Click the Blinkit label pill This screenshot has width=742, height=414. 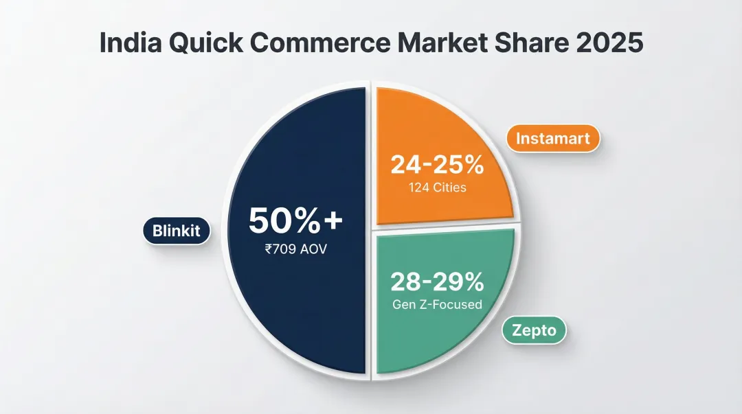[x=177, y=231]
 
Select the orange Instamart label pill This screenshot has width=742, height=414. [x=553, y=139]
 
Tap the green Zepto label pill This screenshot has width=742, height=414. [x=534, y=331]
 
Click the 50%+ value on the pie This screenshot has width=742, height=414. [x=295, y=221]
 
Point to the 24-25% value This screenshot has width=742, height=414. [x=437, y=165]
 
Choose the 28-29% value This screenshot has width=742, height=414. [x=437, y=281]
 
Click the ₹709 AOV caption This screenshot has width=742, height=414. [x=295, y=249]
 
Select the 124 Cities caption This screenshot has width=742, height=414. [x=437, y=187]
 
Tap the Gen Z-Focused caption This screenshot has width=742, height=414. [x=437, y=303]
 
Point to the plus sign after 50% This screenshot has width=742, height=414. [x=333, y=222]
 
